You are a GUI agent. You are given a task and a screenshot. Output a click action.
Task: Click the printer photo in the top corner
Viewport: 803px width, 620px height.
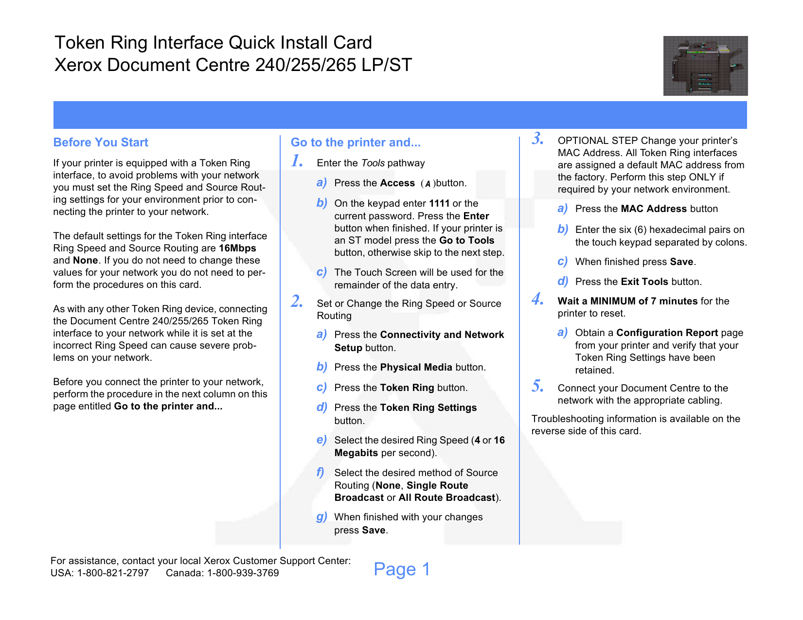pos(705,66)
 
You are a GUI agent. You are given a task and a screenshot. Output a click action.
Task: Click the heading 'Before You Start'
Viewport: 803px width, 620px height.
pos(101,142)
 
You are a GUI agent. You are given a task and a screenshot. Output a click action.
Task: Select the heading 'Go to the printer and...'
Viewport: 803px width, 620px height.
pos(356,142)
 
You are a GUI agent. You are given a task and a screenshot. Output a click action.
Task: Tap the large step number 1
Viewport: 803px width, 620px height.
pos(297,161)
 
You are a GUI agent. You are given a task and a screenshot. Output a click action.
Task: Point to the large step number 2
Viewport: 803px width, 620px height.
pos(297,301)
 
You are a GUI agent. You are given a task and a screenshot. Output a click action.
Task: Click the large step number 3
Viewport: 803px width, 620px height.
pos(537,138)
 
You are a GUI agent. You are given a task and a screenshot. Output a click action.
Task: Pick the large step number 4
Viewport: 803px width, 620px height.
pos(537,299)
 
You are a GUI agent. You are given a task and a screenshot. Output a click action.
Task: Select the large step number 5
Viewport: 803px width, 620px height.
pos(537,386)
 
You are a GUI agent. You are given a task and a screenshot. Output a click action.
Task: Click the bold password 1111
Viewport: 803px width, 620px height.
pos(439,203)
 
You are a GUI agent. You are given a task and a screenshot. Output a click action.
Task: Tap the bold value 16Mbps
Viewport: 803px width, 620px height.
pos(237,248)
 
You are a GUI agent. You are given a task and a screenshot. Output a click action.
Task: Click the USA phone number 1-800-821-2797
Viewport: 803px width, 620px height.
pos(113,573)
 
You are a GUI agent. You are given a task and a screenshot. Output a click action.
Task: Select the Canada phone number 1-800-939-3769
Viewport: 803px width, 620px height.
pos(243,573)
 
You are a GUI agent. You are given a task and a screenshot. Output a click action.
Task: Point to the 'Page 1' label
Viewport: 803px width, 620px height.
pos(402,569)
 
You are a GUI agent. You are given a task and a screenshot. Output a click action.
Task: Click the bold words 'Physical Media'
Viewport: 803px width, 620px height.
pos(416,367)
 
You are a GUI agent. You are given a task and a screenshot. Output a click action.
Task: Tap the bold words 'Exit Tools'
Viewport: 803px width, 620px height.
pos(644,282)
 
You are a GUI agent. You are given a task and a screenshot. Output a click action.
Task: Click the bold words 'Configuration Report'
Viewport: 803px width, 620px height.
pos(667,333)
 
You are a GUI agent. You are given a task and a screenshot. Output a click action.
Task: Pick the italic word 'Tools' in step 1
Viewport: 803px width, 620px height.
pos(373,163)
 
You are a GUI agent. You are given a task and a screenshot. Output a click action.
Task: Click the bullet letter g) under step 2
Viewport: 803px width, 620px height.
pos(321,517)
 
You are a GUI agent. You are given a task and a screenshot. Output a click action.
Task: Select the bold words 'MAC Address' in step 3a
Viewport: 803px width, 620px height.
pos(654,209)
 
